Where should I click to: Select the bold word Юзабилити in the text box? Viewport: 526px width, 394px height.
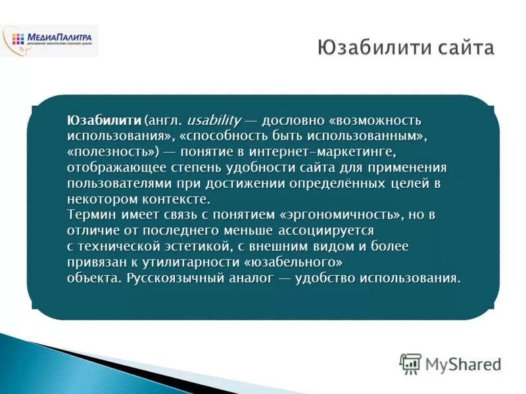tap(104, 121)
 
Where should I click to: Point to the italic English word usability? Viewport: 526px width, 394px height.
tap(214, 121)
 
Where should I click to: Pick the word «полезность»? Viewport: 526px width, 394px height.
tap(113, 152)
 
